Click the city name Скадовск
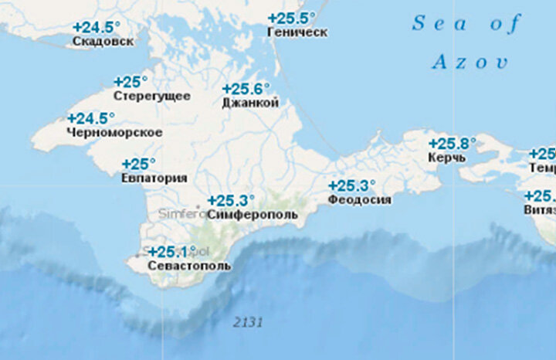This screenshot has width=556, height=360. coord(102,41)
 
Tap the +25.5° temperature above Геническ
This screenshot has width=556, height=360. coord(291,18)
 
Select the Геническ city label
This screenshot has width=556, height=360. coord(297,32)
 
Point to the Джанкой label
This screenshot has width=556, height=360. coord(249,103)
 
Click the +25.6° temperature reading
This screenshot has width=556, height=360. coord(246,89)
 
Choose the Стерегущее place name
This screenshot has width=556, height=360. coord(151,96)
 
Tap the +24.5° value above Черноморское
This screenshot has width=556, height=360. coord(90,119)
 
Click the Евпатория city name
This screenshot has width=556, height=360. coord(154,178)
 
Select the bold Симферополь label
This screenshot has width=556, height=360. coord(253,214)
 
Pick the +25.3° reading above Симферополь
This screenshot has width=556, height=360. coord(230,200)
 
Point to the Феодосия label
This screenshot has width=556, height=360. coord(359,199)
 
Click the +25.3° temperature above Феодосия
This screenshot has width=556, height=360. coord(351,185)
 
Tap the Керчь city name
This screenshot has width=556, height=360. coord(446,158)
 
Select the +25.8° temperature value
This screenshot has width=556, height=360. coord(452,144)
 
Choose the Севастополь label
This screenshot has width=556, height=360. coord(180,266)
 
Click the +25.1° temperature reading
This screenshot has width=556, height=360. coord(168,252)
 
